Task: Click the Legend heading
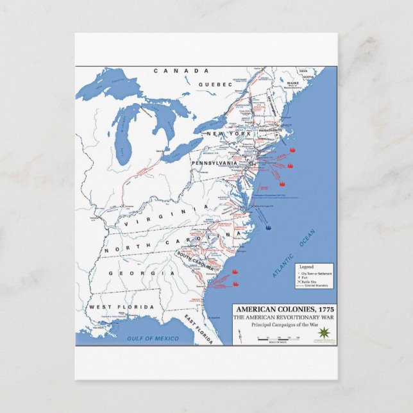tap(307, 266)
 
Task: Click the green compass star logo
tap(324, 332)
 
